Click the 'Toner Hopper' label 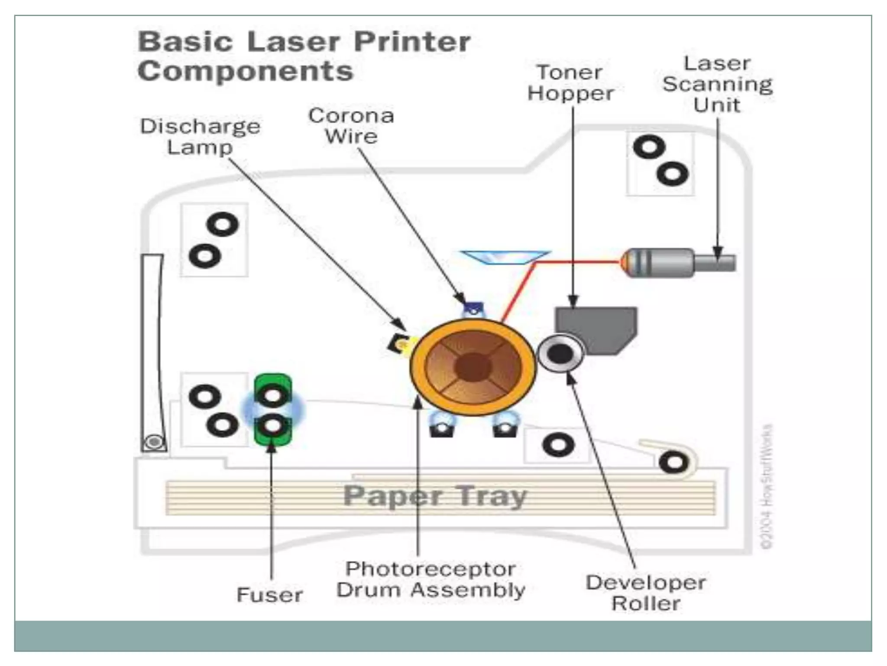570,83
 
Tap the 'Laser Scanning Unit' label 717,84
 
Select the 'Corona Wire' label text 351,126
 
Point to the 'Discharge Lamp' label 200,137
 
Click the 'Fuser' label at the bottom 269,595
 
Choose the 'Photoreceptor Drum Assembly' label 431,580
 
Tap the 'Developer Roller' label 646,593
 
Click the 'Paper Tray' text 434,496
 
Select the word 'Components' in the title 245,71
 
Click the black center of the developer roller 560,354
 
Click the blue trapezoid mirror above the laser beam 505,257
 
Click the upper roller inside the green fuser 272,395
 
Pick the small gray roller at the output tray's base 154,442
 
